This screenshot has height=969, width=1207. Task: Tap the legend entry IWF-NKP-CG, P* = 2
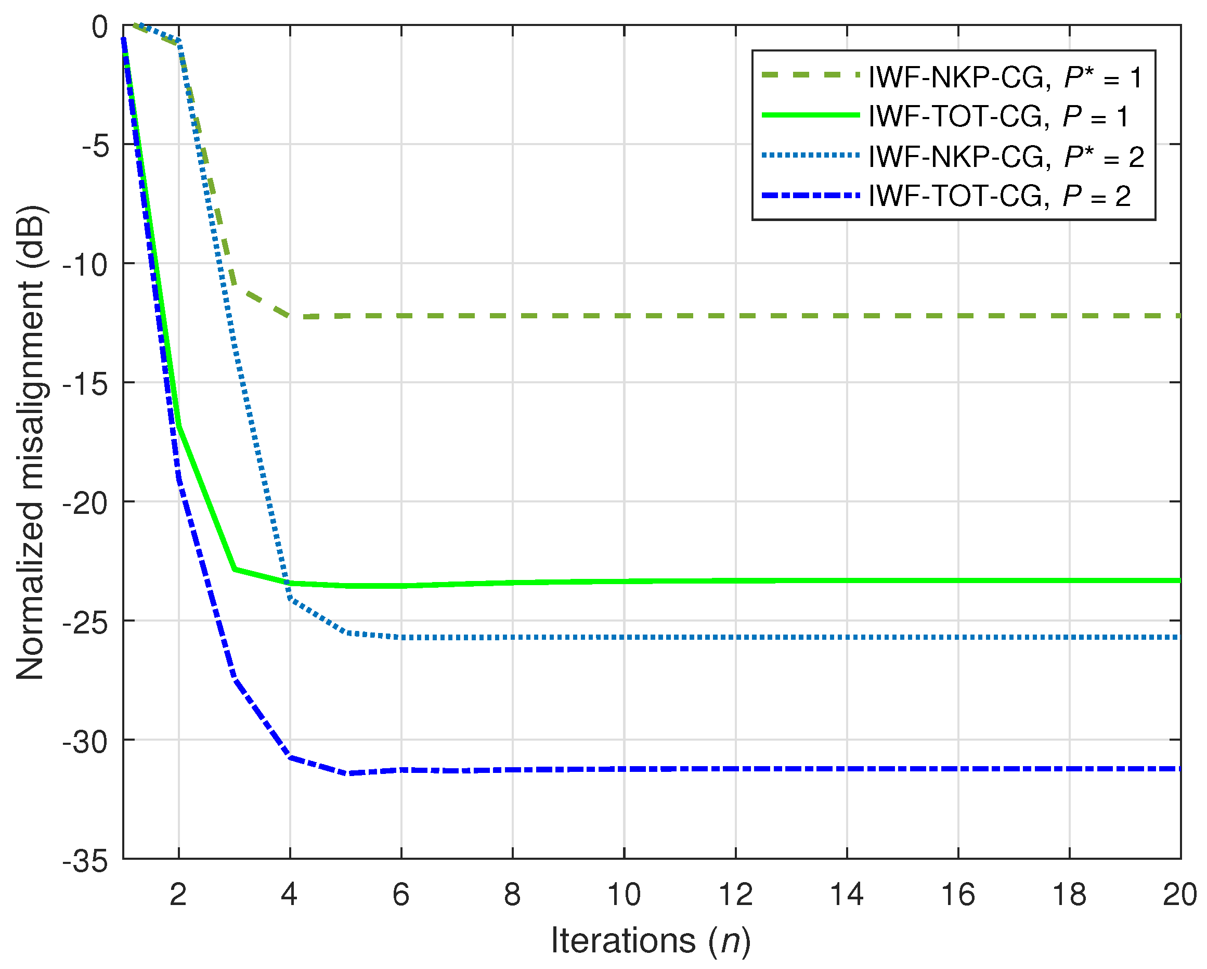tap(1005, 157)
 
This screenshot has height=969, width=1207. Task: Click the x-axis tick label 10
tap(624, 895)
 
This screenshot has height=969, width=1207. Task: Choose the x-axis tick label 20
tap(1180, 895)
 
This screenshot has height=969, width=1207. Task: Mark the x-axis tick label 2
tap(178, 895)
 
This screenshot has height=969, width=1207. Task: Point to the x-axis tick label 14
tap(847, 895)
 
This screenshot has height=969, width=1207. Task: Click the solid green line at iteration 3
tap(235, 570)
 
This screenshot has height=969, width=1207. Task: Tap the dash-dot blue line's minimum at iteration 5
tap(349, 773)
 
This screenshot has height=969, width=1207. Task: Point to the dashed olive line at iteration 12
tap(735, 316)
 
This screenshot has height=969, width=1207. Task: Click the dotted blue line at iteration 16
tap(958, 638)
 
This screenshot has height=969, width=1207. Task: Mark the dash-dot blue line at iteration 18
tap(1069, 769)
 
